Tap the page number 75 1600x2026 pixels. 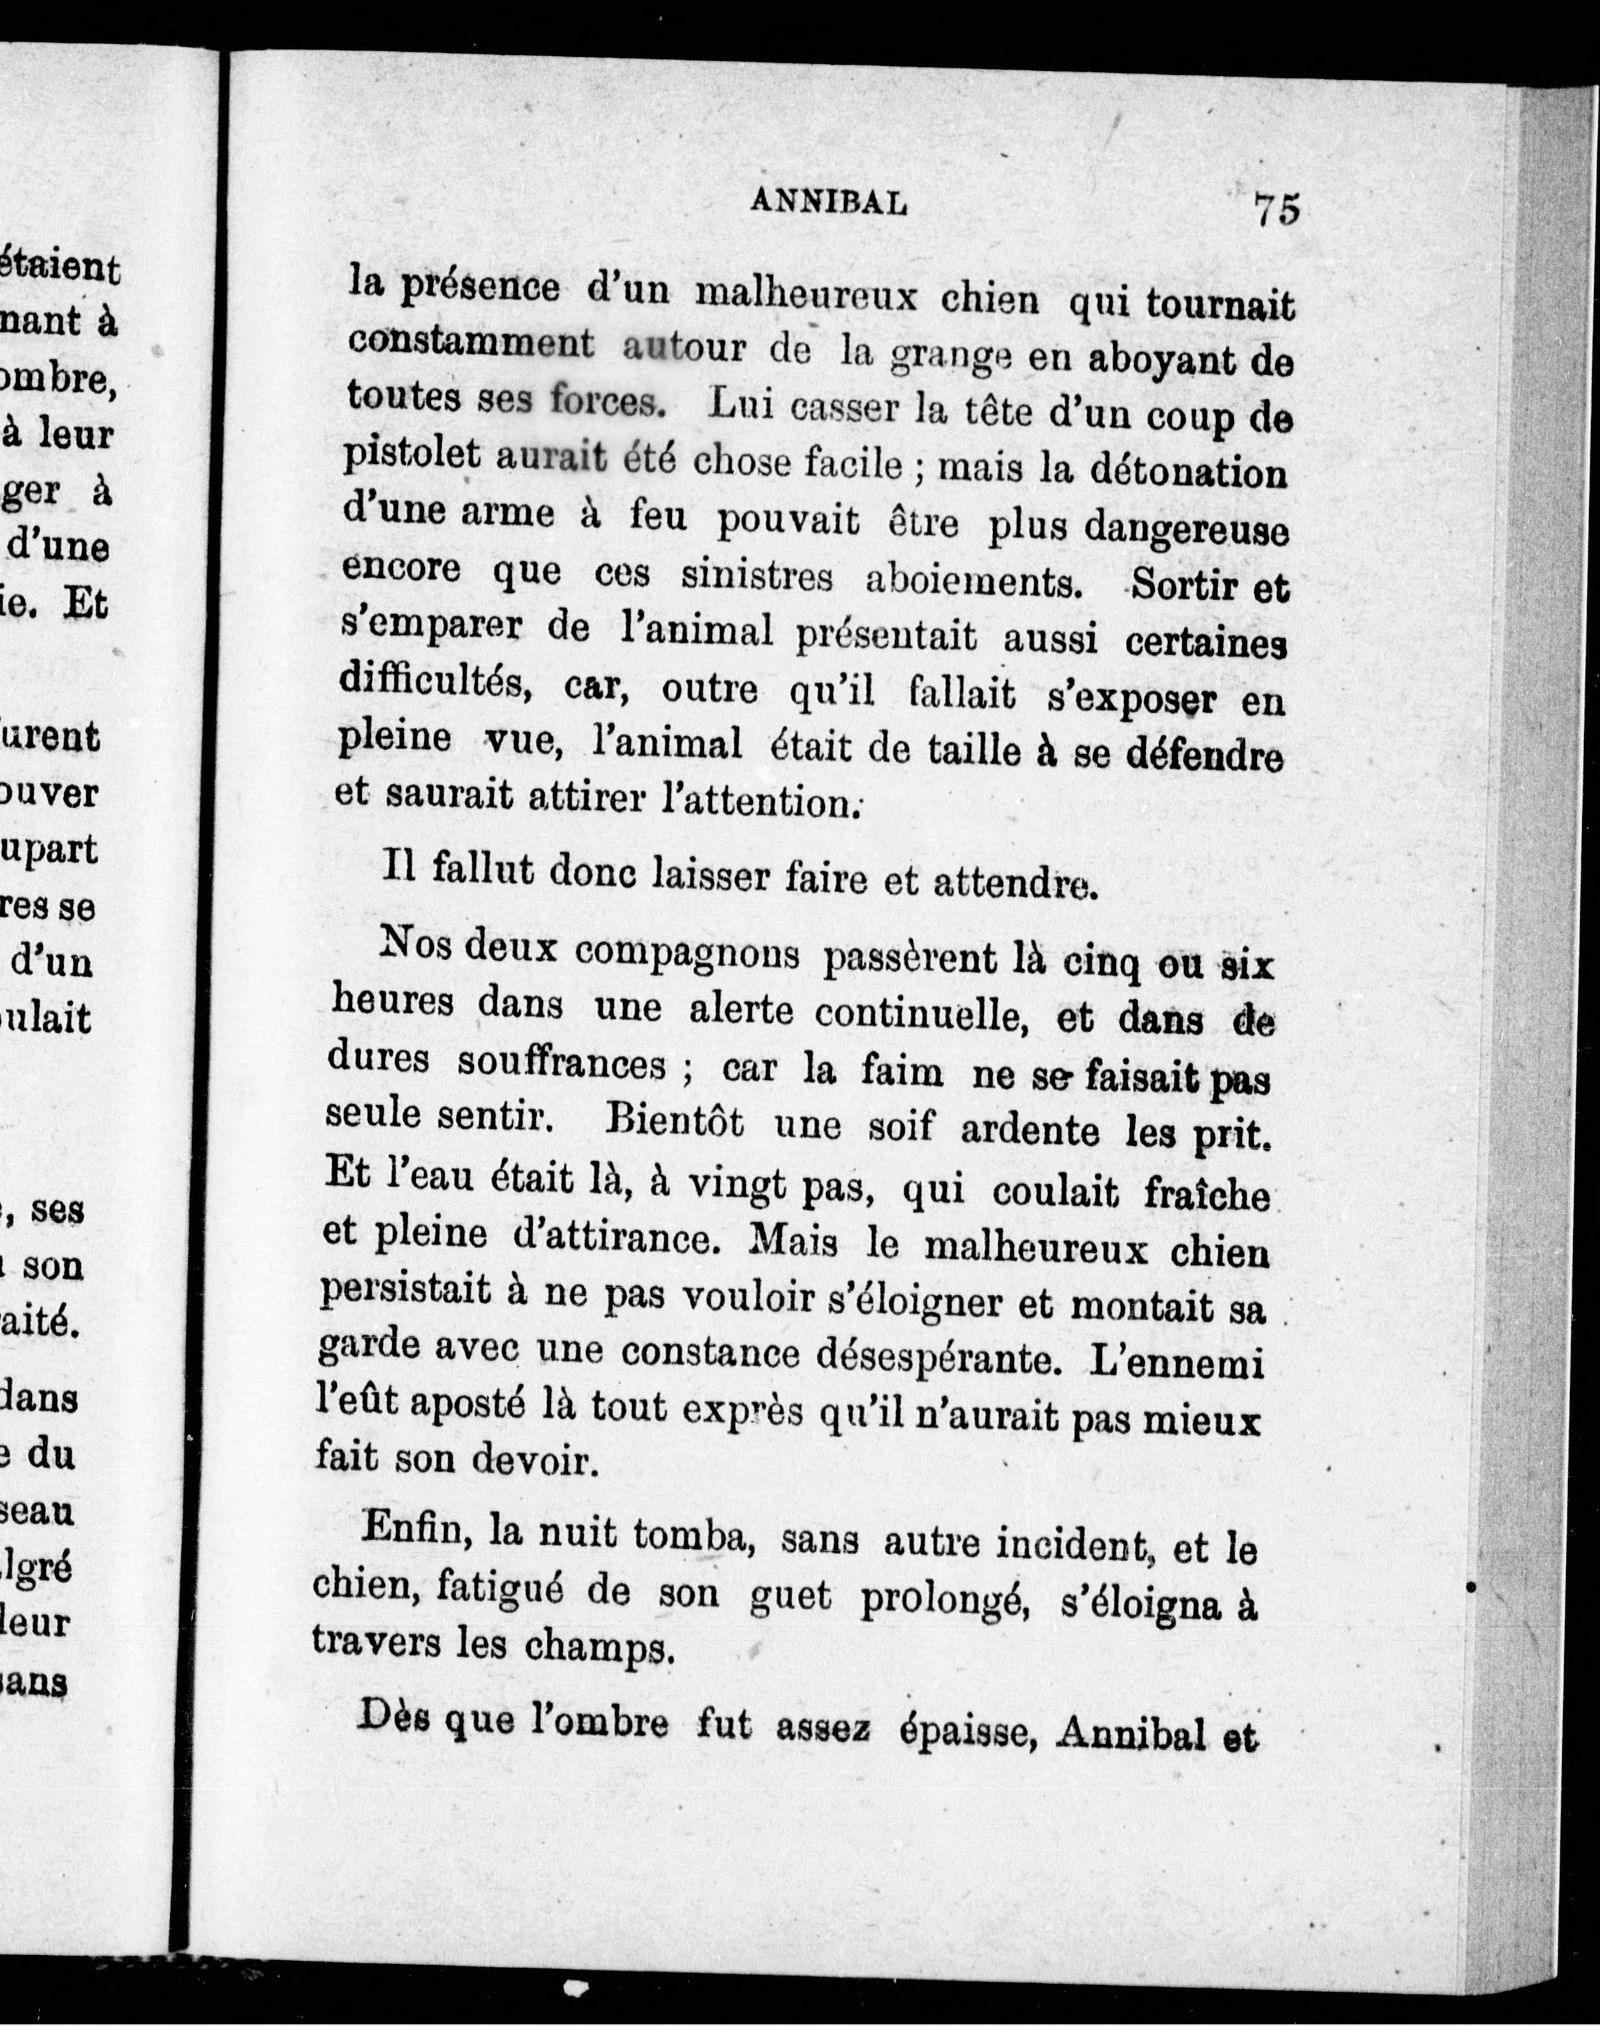(1277, 209)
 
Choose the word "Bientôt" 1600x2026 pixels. (674, 1122)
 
